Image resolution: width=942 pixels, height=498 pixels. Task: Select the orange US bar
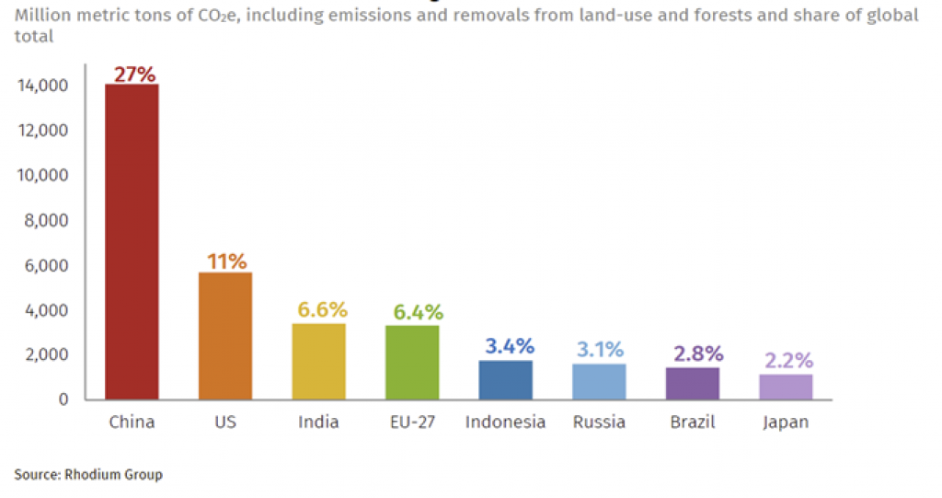225,336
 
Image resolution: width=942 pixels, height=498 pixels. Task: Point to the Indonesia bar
505,379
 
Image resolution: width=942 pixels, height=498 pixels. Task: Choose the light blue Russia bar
599,381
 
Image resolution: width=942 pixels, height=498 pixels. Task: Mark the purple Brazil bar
693,383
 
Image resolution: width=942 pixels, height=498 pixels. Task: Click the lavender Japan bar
786,387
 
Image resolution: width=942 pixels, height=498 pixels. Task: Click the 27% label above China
134,75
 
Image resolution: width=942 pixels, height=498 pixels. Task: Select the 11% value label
226,261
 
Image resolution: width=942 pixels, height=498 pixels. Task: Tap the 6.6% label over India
320,309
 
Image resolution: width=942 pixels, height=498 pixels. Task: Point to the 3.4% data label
509,347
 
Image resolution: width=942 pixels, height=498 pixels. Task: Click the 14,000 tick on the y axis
42,86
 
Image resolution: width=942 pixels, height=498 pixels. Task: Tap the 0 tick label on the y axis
63,400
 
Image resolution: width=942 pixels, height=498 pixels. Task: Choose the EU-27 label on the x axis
413,423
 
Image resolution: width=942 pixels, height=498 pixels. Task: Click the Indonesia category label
505,423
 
